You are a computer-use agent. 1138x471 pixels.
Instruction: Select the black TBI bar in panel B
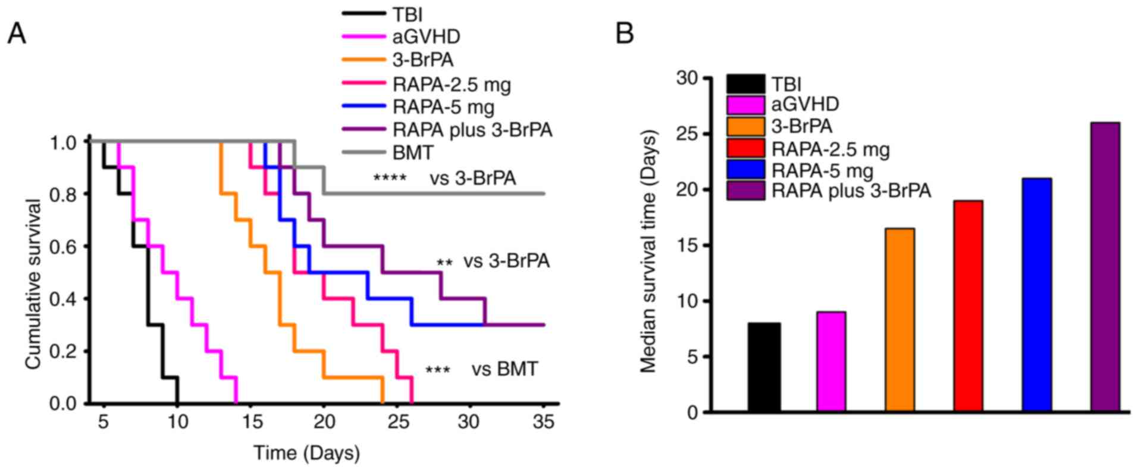(x=764, y=367)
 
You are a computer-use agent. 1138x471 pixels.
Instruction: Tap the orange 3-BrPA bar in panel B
(x=899, y=320)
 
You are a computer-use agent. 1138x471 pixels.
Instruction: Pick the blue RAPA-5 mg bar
(x=1036, y=295)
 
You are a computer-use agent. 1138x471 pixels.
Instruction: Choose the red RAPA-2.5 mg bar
(x=968, y=306)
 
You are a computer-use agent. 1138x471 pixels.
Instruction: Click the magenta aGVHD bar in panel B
(x=831, y=361)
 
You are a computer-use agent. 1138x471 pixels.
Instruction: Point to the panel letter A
(x=17, y=34)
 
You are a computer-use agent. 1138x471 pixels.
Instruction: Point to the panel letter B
(x=624, y=34)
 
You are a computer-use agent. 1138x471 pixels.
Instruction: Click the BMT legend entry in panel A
(x=413, y=152)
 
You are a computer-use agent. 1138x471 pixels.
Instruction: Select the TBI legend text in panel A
(x=407, y=15)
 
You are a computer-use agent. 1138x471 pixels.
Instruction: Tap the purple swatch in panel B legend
(x=745, y=191)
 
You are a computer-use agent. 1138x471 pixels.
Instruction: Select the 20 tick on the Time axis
(x=324, y=422)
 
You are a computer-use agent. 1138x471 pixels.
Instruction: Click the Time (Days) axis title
(x=307, y=453)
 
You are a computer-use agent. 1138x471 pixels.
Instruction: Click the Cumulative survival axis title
(x=34, y=285)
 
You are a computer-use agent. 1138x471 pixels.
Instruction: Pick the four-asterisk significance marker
(x=390, y=178)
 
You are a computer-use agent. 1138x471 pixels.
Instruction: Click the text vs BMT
(x=504, y=369)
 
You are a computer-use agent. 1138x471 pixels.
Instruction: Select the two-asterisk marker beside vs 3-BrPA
(x=444, y=262)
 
